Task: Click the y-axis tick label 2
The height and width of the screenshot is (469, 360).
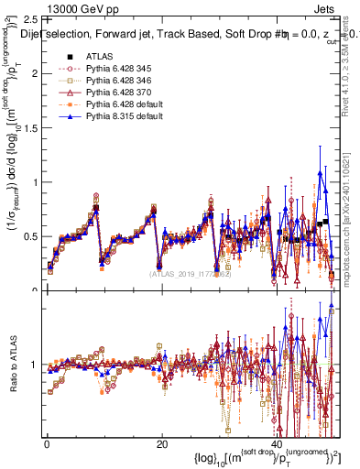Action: tap(33, 73)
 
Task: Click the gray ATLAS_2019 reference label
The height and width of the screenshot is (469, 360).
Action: tap(193, 272)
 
